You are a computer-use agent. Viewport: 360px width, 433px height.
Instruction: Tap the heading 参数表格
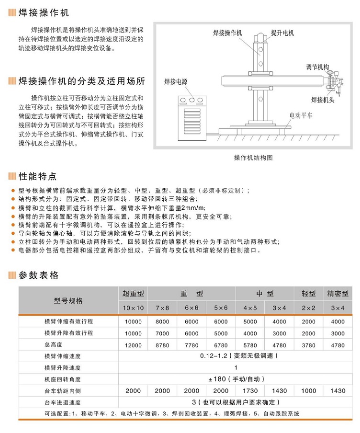(38, 275)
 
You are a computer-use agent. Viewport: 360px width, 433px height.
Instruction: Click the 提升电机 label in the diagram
(282, 33)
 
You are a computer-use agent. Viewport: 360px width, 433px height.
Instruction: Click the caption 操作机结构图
(253, 157)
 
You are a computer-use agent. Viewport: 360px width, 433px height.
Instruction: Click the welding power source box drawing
(191, 117)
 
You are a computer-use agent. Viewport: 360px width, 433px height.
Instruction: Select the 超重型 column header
(133, 294)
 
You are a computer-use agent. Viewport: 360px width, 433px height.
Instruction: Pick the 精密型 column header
(337, 294)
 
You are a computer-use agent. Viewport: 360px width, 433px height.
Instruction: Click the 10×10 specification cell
(133, 308)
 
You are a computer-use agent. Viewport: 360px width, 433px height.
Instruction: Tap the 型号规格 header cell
(68, 301)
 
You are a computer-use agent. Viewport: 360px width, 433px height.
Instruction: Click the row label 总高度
(53, 345)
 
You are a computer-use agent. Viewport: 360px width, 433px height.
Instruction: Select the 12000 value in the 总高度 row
(133, 345)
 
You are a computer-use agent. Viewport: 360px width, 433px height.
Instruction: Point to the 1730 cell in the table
(250, 391)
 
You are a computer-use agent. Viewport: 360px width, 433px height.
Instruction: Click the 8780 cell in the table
(162, 345)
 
